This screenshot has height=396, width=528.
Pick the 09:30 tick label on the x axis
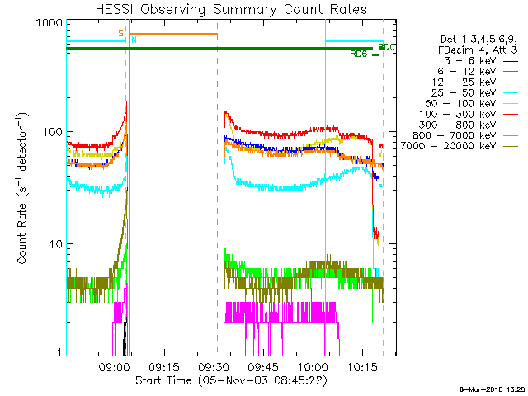[214, 366]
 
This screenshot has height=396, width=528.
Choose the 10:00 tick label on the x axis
[313, 366]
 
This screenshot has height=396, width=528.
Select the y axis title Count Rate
[22, 189]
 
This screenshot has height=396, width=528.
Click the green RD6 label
[358, 54]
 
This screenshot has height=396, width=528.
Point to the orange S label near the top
[121, 34]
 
